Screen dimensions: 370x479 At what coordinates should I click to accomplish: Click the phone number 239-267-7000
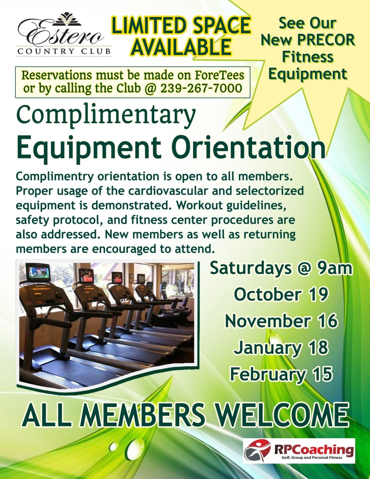pos(201,88)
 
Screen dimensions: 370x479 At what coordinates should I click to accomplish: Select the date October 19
pos(281,295)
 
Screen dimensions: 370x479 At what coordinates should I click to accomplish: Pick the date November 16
pos(281,321)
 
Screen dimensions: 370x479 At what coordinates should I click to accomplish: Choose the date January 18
pos(281,348)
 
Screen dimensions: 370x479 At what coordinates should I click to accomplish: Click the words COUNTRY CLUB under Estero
pos(64,52)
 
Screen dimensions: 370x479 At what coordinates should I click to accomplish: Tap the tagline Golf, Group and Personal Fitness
pos(312,458)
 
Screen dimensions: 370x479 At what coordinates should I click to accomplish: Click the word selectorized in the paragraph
pos(270,191)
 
